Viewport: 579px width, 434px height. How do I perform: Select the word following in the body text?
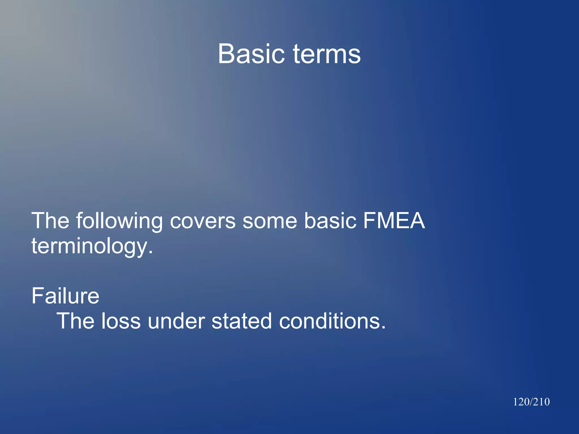(x=119, y=221)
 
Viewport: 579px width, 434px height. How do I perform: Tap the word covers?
(x=202, y=221)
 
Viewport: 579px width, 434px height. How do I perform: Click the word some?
(x=270, y=221)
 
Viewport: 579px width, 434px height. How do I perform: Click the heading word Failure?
(x=65, y=296)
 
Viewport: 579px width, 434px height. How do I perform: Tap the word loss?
(x=121, y=321)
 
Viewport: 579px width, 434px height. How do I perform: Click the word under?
(x=176, y=321)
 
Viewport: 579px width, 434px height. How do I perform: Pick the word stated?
(x=242, y=321)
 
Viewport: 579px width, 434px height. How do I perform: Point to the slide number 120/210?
(x=531, y=402)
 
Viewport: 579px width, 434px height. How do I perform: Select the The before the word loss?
(x=75, y=321)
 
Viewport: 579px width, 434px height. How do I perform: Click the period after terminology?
(x=151, y=252)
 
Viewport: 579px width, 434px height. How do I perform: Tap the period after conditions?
(x=383, y=327)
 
